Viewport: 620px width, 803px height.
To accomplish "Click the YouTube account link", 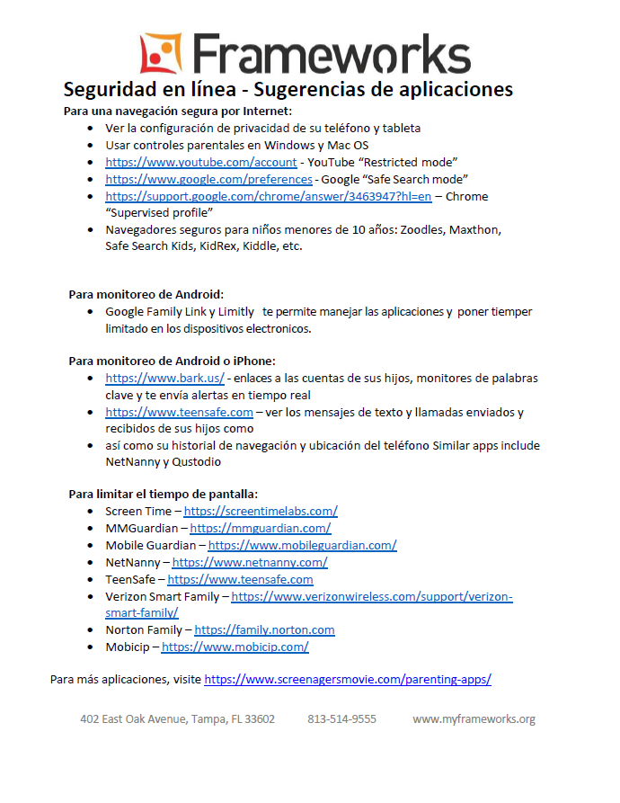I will click(x=200, y=163).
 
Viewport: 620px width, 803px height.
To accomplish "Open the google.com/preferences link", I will click(x=208, y=179).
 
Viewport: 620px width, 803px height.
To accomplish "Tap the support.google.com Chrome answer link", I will click(x=268, y=196).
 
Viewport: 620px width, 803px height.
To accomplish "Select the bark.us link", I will click(x=164, y=379).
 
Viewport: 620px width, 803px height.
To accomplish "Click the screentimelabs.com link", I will click(x=261, y=511).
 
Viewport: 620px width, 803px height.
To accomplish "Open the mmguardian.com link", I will click(x=260, y=528).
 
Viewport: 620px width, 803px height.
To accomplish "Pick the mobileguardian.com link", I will click(x=302, y=545).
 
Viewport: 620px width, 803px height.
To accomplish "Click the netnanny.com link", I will click(x=250, y=562).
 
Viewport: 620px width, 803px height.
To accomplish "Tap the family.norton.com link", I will click(x=264, y=630).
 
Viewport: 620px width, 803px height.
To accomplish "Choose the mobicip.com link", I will click(x=235, y=647).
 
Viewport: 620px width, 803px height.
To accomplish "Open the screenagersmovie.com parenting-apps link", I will click(x=348, y=680).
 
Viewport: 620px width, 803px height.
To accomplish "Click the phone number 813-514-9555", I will click(x=341, y=719).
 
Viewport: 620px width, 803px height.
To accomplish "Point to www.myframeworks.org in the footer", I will click(x=474, y=719).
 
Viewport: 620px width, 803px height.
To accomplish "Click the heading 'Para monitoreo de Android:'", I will click(x=146, y=294).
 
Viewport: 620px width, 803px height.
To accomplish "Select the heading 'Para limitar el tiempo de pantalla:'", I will click(x=163, y=494).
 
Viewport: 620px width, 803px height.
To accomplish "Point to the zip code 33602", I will click(x=257, y=719).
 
